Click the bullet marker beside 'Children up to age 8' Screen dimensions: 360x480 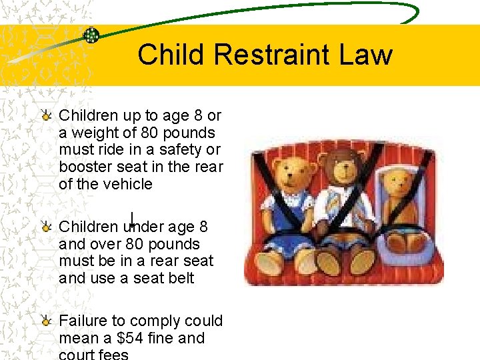pos(46,115)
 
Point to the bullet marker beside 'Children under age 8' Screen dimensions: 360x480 pos(46,227)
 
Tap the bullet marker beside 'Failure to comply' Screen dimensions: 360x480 pos(46,321)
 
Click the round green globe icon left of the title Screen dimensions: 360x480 pos(91,35)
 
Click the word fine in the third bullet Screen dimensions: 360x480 pos(159,338)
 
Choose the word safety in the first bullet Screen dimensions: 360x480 pos(181,150)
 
